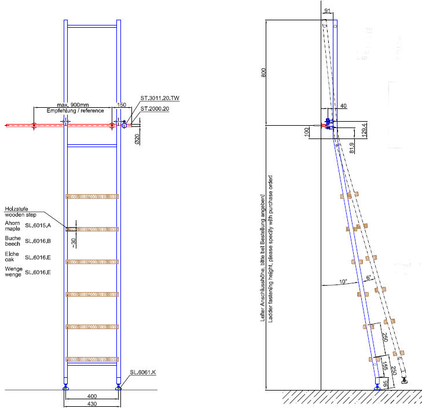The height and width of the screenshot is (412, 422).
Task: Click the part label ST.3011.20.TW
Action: [159, 99]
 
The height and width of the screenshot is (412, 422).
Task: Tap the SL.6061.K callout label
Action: [142, 372]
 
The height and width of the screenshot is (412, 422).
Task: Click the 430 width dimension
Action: [91, 404]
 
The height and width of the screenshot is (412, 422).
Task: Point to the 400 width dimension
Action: [91, 396]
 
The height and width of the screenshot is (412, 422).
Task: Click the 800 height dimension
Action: [264, 72]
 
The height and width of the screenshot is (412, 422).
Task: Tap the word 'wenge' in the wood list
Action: [13, 274]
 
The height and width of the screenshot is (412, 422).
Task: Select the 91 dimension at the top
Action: [329, 10]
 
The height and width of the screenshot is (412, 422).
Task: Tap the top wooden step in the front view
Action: [92, 196]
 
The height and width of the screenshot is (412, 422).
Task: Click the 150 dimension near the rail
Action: [122, 105]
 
